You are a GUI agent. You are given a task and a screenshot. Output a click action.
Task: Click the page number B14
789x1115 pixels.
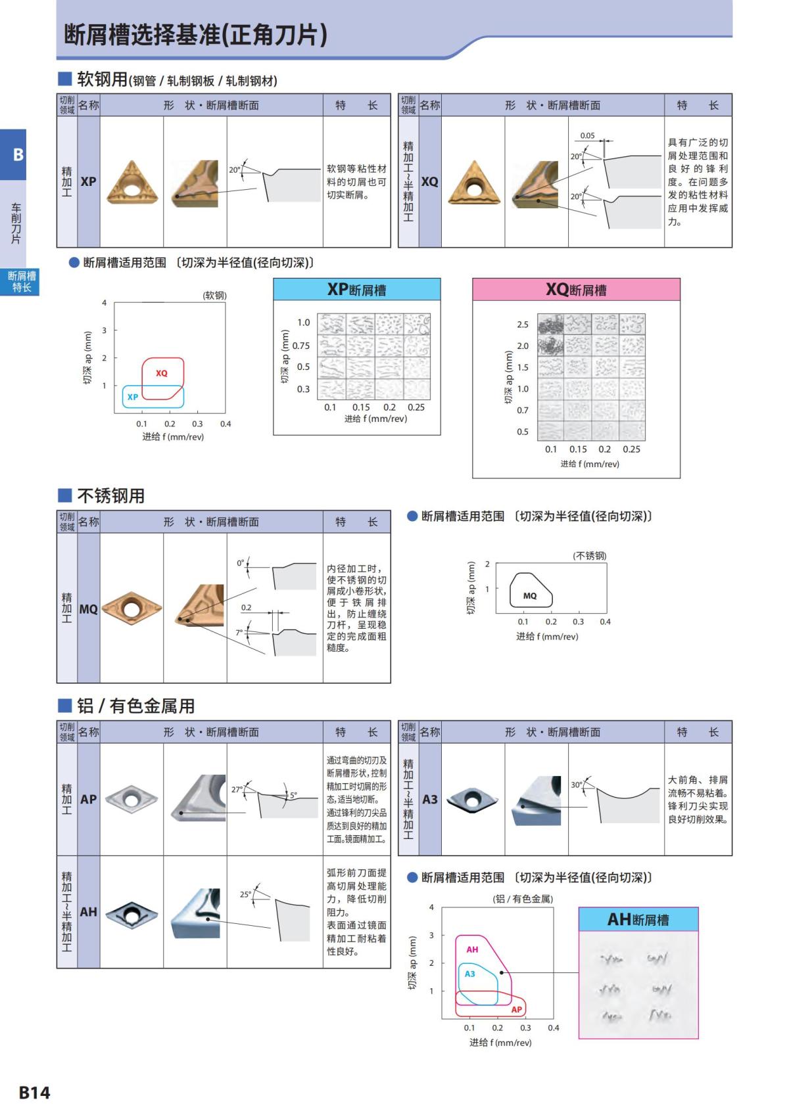34,1092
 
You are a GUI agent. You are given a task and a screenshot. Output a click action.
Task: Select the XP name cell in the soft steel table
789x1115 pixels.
88,182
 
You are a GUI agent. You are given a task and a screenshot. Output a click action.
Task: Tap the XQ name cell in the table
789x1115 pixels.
429,182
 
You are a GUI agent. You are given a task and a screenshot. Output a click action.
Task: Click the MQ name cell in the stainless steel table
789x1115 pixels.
88,609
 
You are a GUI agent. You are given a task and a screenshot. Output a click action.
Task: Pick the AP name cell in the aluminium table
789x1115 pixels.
88,800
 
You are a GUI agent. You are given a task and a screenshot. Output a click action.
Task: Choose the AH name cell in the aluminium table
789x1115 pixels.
88,912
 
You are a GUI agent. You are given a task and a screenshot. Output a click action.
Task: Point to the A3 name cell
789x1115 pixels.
429,800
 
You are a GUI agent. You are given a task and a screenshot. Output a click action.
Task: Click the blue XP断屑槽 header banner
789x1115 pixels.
356,290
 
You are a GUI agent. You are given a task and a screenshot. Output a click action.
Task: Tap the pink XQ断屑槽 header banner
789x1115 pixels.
576,290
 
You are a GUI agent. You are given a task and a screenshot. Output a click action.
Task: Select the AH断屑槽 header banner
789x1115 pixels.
638,919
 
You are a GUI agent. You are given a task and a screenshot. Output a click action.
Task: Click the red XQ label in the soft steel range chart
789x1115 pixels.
162,373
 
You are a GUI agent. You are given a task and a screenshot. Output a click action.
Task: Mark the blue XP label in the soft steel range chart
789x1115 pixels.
133,397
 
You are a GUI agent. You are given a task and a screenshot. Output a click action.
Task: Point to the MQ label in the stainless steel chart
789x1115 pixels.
530,596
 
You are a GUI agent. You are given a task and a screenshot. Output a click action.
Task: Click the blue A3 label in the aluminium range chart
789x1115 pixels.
469,974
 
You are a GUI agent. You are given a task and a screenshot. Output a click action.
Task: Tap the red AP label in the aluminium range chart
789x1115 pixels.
516,1009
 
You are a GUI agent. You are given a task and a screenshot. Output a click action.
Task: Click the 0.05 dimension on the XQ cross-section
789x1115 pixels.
587,136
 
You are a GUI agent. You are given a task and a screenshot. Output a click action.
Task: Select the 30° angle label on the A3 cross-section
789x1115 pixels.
577,785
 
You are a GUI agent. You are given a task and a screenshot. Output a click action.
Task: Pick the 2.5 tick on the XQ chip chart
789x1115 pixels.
523,325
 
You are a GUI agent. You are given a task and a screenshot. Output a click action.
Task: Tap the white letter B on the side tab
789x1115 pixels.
18,155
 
